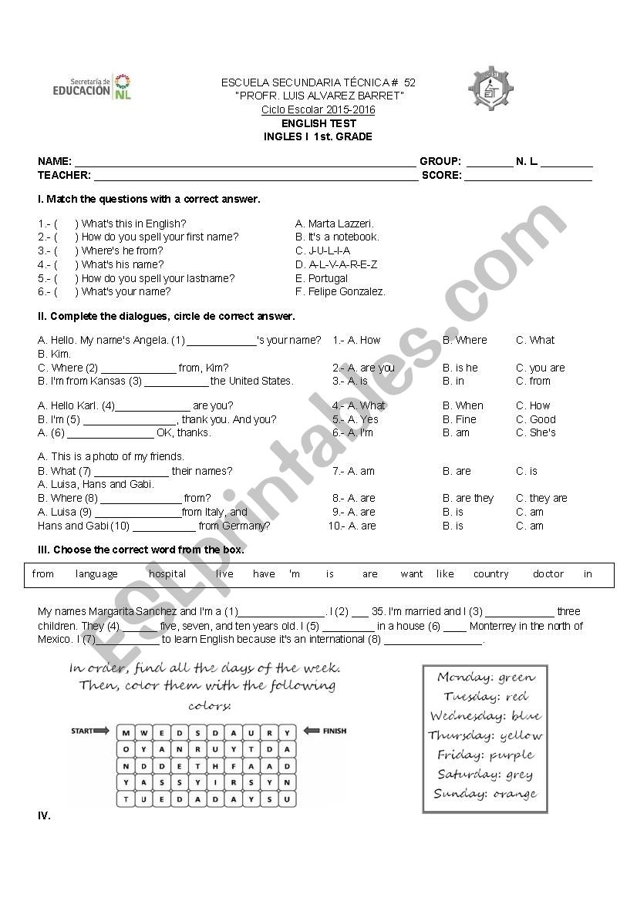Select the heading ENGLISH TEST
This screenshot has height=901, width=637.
point(318,123)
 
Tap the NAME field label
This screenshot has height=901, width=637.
point(54,162)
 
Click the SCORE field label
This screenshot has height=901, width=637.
point(441,176)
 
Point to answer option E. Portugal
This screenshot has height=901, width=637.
point(322,278)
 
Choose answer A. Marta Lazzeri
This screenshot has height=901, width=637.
point(334,224)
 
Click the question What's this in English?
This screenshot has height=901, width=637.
point(133,224)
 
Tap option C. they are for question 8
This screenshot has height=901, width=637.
point(541,499)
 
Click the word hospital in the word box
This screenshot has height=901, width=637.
point(167,574)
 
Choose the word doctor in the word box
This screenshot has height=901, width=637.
point(548,574)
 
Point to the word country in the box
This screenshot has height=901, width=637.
point(491,574)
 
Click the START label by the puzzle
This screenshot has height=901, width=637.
point(83,731)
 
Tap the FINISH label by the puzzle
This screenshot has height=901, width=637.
point(333,731)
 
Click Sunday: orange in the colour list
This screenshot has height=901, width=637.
point(485,794)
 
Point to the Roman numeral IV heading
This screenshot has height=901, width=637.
point(44,815)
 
